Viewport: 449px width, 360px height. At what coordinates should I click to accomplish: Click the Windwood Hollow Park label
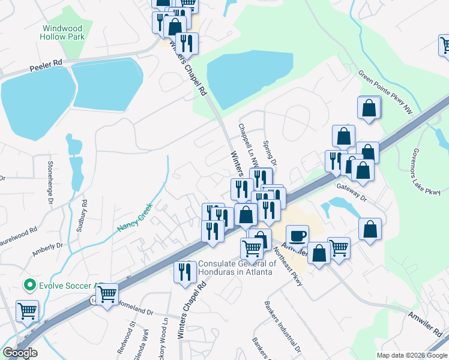pos(62,32)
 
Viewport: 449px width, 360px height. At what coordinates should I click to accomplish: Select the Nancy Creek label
pos(136,219)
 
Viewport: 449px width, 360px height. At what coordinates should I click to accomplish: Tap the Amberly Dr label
pos(47,250)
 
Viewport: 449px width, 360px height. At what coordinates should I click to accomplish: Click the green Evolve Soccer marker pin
pos(28,284)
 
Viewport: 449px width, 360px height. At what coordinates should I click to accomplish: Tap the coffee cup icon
pos(297,236)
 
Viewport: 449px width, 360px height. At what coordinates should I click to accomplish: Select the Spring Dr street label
pos(270,154)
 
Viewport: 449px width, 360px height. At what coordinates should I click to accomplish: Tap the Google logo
pos(19,353)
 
